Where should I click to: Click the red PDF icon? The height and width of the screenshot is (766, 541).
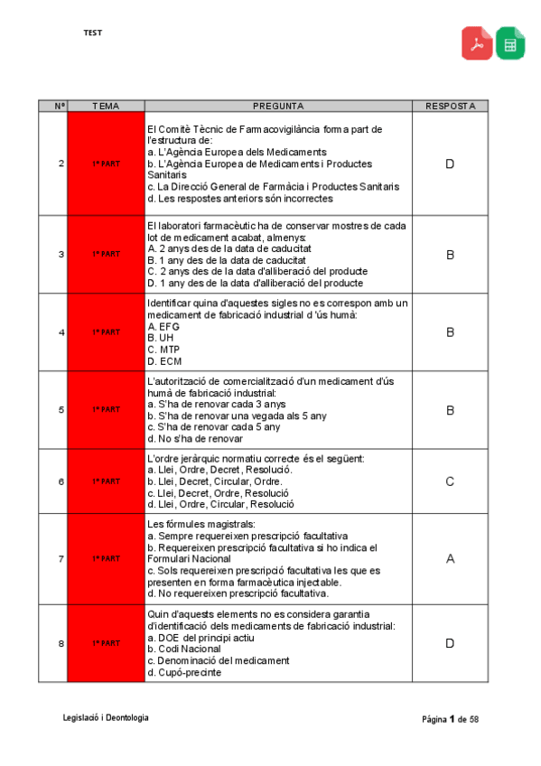pos(477,42)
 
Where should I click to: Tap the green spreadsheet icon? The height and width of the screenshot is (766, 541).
pos(510,42)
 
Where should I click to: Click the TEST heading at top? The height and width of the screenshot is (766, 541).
pos(92,33)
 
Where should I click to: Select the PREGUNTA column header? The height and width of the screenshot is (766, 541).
pos(278,106)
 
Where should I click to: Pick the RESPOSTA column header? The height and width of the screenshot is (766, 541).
pos(450,106)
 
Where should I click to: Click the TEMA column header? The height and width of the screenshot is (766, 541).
pos(106,106)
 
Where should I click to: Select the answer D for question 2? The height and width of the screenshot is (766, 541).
pos(450,163)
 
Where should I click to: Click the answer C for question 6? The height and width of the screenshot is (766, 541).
pos(450,481)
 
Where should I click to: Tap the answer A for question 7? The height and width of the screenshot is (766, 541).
pos(450,559)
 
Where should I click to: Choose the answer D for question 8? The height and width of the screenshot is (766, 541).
pos(450,643)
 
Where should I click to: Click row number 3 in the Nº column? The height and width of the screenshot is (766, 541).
pos(61,254)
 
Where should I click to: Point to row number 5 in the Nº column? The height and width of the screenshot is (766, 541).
pos(61,409)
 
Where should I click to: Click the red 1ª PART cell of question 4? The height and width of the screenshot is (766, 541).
pos(106,332)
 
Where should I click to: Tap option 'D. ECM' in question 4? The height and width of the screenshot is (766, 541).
pos(163,360)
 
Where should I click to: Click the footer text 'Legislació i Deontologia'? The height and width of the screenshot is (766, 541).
pos(106,717)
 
